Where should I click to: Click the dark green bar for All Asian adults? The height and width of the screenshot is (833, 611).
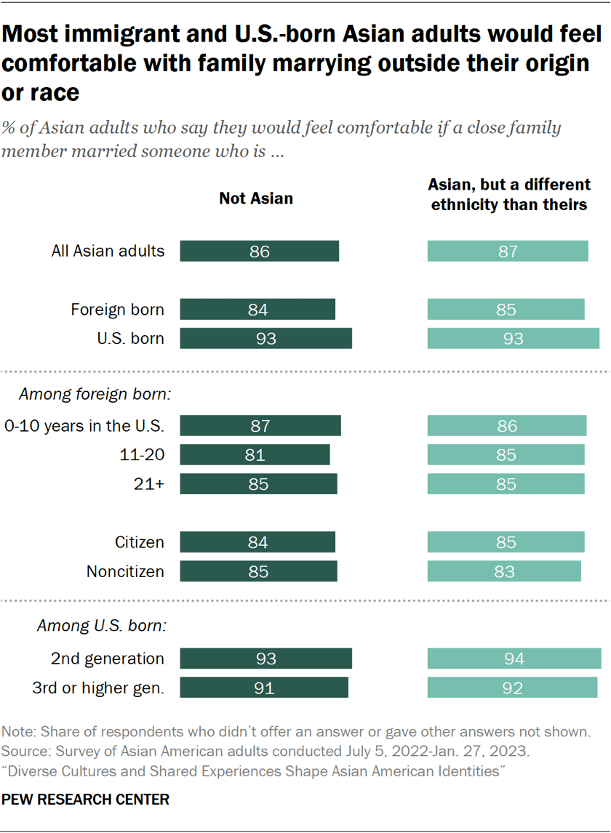pos(259,251)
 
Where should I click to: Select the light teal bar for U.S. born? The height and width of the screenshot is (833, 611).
pos(513,339)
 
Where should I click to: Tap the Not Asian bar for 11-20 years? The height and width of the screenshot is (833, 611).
pos(255,455)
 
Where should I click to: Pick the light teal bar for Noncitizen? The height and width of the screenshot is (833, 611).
pos(504,571)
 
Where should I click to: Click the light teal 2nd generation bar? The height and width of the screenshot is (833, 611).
pos(514,659)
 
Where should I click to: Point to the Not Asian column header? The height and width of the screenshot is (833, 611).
pos(256,198)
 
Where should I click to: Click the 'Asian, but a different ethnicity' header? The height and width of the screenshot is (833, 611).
pos(508,194)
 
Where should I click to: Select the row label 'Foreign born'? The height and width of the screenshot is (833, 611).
pos(117,310)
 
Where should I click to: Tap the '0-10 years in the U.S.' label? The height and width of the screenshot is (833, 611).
pos(84,426)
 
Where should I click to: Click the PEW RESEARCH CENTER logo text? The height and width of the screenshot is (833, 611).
pos(85,800)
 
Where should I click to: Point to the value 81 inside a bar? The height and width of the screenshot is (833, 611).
pos(255,455)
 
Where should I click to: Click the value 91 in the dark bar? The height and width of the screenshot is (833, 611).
pos(264,688)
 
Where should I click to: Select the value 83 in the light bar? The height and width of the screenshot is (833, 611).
pos(504,571)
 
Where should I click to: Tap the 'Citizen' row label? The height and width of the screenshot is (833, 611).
pos(139,542)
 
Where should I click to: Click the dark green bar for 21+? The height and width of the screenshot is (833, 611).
pos(258,484)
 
